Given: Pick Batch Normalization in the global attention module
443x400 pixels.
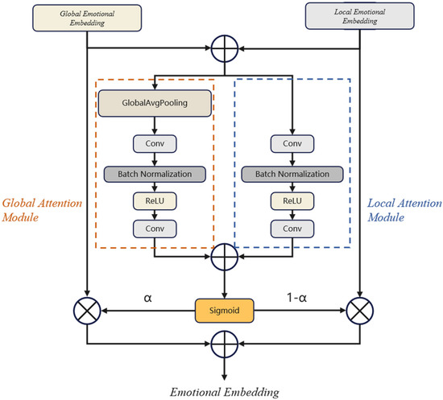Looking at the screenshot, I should pos(154,173).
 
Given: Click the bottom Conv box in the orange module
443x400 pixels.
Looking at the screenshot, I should pos(154,229).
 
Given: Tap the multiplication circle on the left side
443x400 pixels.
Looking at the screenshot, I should pos(85,309).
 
